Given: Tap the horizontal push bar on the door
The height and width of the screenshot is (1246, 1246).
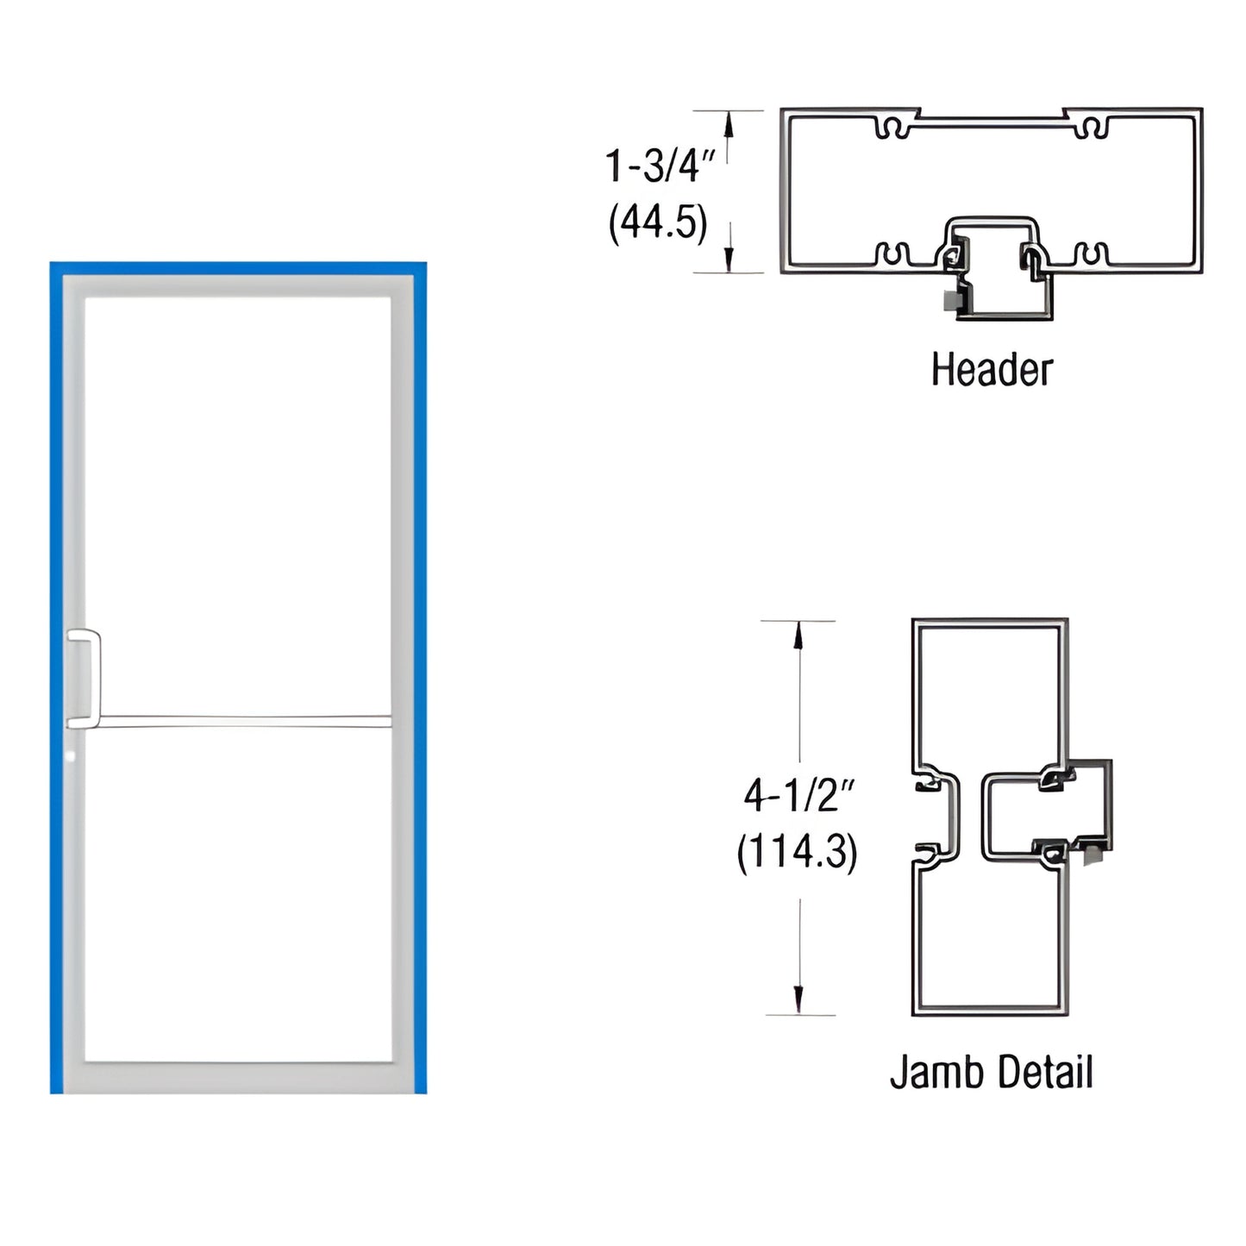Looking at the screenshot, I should click(x=246, y=721).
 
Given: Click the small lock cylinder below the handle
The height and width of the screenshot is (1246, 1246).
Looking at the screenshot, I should click(x=72, y=756).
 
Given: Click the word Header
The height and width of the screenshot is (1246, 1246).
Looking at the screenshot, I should click(x=992, y=370).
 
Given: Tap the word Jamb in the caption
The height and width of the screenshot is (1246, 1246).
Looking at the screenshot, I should click(x=924, y=1073).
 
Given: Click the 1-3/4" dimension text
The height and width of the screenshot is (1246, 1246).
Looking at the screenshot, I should click(x=660, y=166).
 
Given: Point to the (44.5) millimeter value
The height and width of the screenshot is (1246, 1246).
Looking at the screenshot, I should click(x=658, y=223).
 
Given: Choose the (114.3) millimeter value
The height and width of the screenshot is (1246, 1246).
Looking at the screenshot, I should click(x=797, y=853).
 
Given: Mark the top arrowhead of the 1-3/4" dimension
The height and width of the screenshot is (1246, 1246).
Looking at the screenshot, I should click(x=729, y=125).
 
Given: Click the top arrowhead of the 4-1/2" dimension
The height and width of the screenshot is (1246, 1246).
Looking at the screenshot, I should click(x=798, y=635).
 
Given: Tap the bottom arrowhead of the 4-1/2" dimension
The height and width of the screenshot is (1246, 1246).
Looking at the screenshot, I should click(x=798, y=1000).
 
